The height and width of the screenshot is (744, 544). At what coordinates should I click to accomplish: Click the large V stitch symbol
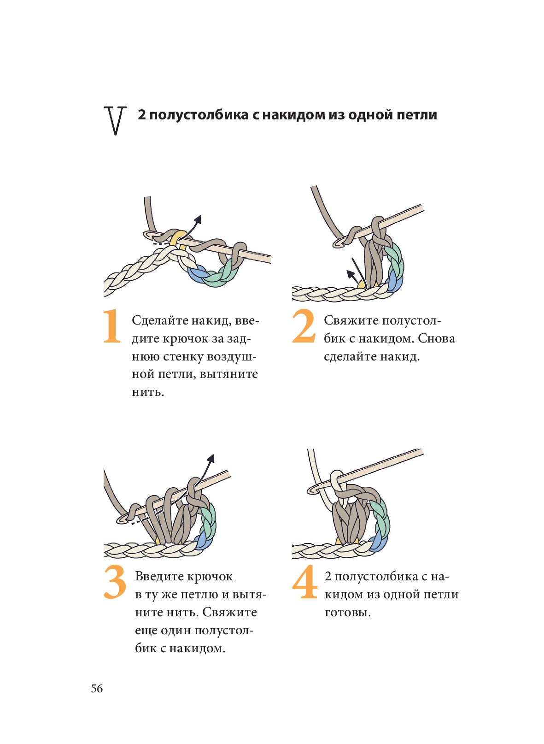(115, 121)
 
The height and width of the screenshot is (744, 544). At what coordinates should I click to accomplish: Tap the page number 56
(97, 689)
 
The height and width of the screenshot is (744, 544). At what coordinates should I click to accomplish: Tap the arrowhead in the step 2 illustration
(350, 273)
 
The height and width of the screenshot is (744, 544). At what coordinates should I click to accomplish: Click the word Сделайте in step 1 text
(158, 320)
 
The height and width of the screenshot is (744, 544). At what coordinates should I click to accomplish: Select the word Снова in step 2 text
(436, 338)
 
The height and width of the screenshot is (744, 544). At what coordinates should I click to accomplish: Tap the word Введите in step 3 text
(159, 576)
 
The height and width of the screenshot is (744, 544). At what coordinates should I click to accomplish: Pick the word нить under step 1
(148, 392)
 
